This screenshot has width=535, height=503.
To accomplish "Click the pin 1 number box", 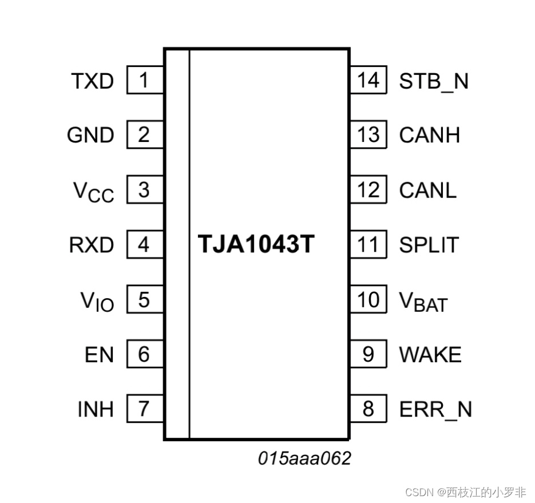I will tap(144, 81).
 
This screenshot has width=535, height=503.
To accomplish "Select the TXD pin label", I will tap(93, 81).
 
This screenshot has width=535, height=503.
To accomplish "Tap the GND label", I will tap(90, 136).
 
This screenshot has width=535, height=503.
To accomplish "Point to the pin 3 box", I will tap(144, 190).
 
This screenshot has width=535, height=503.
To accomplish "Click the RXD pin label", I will tap(92, 245).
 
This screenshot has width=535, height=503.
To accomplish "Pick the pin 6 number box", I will tap(144, 355).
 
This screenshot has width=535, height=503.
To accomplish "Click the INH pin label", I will tap(96, 409).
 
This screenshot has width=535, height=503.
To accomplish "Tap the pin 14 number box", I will tap(368, 81).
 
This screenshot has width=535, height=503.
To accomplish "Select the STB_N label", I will tap(434, 81).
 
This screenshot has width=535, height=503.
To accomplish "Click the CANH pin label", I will tap(430, 136).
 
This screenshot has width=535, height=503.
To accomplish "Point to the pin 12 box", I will tap(368, 190).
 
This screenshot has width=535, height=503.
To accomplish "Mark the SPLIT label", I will tap(429, 245).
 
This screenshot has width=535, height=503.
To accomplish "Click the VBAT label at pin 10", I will tap(423, 301).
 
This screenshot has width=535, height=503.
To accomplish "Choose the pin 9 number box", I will tap(368, 355).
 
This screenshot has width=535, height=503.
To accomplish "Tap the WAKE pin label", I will tap(430, 355).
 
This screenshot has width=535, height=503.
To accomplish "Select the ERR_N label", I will tap(435, 409).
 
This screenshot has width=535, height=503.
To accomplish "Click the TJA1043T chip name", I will tap(256, 244).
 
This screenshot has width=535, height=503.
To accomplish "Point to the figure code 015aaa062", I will tap(304, 458).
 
